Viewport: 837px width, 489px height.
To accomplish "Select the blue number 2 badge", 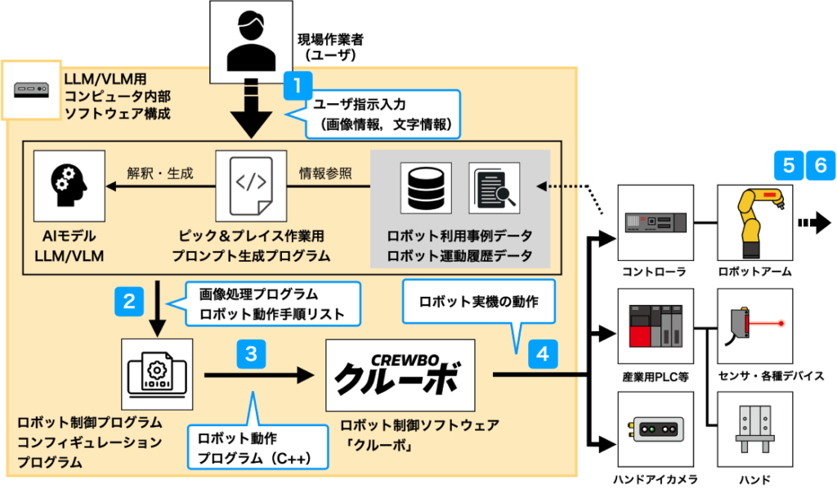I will (129, 300).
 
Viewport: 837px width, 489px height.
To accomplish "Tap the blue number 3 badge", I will (251, 354).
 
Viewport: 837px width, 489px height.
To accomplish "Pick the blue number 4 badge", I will (543, 354).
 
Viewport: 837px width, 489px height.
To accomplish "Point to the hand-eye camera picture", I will (656, 432).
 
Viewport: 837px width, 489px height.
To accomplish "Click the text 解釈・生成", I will (160, 173).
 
